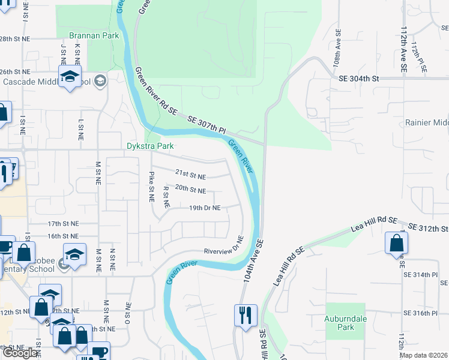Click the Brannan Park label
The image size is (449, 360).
tap(94, 35)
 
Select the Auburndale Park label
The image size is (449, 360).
tap(346, 323)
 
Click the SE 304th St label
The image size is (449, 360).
tap(359, 79)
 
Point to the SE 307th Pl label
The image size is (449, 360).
tap(206, 125)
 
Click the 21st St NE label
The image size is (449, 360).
tap(190, 175)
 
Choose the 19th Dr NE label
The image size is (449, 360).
tap(205, 208)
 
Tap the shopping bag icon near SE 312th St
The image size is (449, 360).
tap(396, 243)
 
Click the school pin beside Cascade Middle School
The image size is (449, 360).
tap(70, 76)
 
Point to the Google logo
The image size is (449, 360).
tap(20, 353)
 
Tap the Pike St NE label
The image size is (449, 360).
tap(152, 186)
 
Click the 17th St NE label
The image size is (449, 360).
tap(63, 223)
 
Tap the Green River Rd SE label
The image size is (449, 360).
tap(156, 91)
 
